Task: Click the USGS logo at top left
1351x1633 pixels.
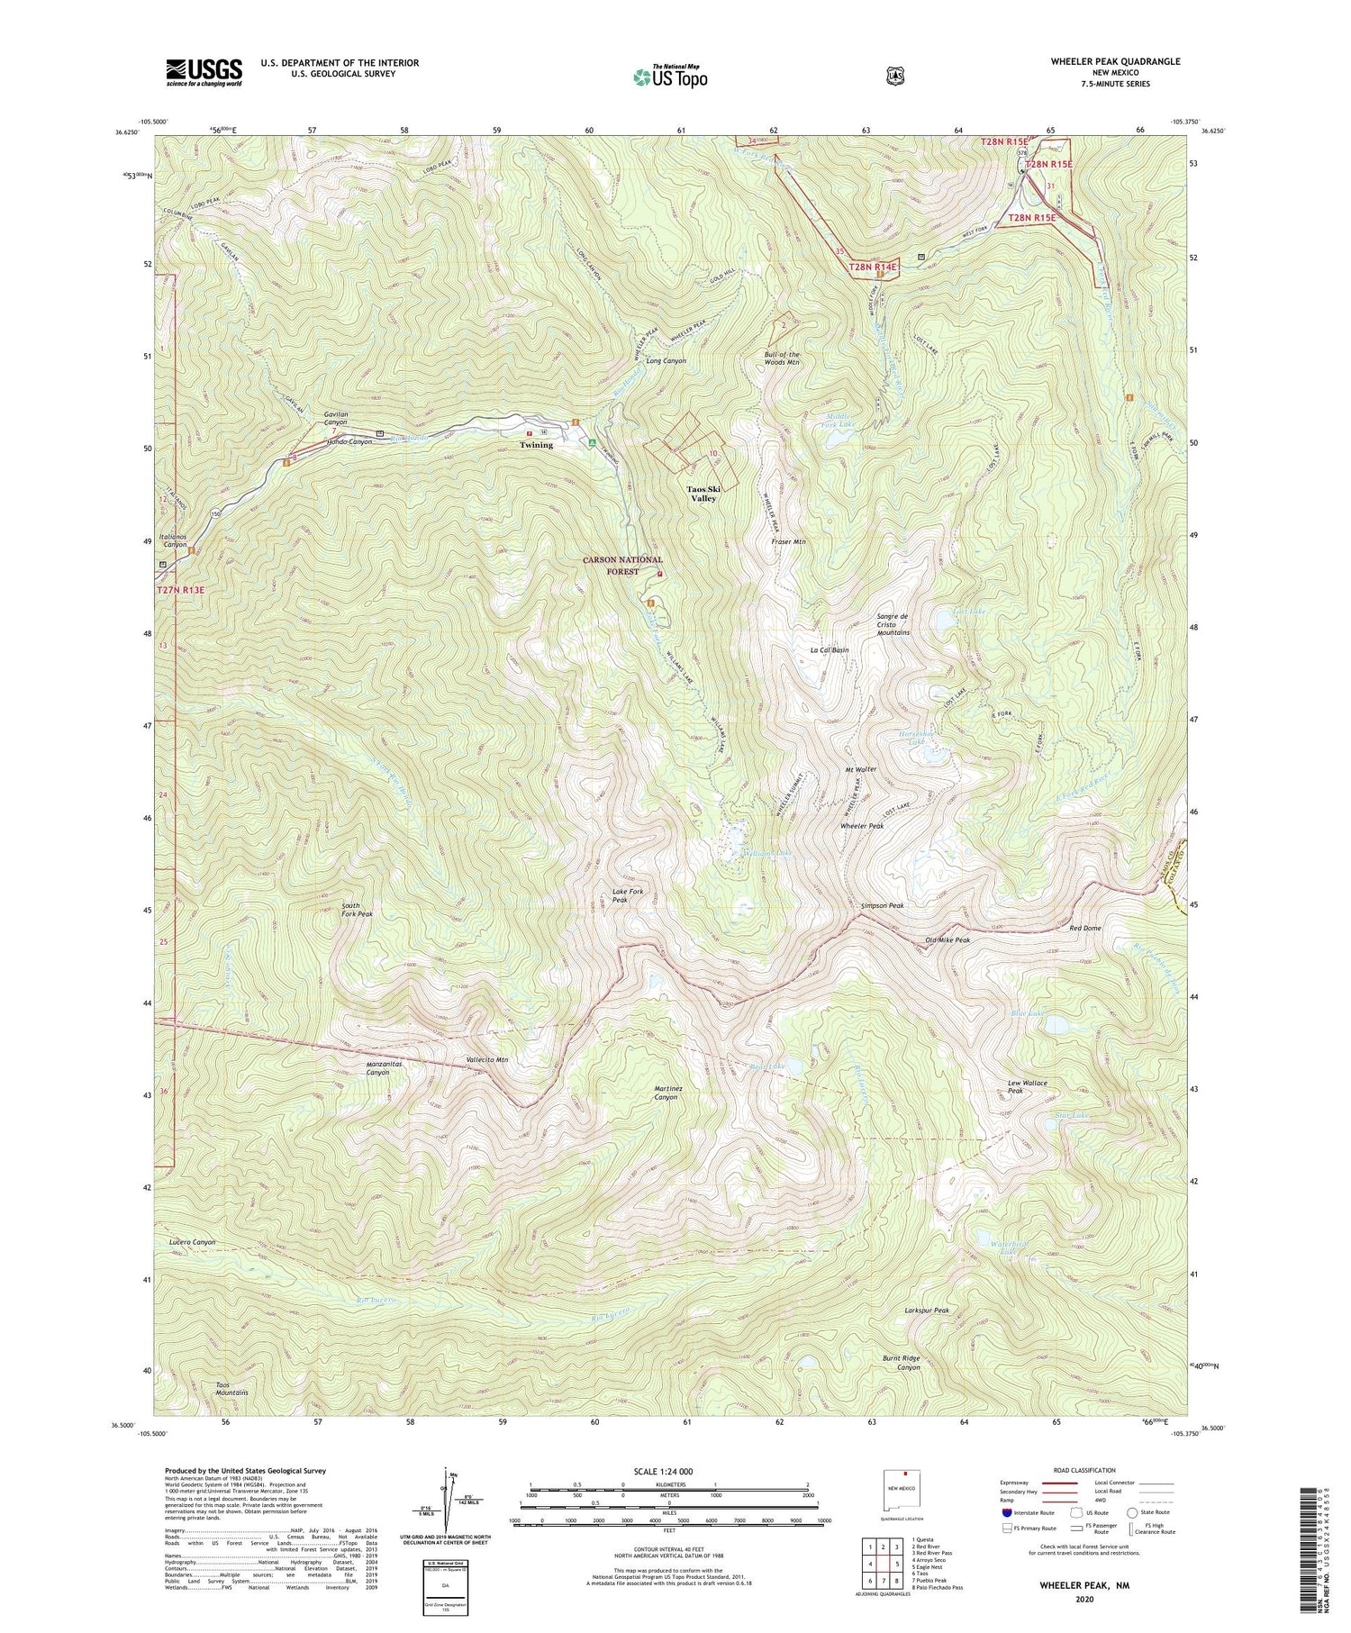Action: click(204, 72)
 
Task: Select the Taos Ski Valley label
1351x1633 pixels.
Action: click(703, 493)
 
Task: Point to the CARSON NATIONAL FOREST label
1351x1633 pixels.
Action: click(622, 566)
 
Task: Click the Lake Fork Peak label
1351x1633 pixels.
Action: click(628, 895)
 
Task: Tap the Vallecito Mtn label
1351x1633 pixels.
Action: click(487, 1060)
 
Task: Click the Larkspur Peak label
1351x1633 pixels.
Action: click(927, 1311)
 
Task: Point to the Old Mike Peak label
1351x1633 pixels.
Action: click(948, 940)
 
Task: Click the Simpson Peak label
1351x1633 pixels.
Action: click(882, 905)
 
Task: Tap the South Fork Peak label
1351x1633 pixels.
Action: click(357, 909)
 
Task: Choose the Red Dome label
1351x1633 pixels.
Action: click(1084, 928)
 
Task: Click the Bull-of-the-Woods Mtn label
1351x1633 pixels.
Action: click(782, 358)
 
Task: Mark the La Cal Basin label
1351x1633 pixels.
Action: click(830, 650)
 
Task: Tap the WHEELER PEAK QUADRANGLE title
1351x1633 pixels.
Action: click(1115, 61)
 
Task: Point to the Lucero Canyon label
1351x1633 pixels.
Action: click(192, 1242)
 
